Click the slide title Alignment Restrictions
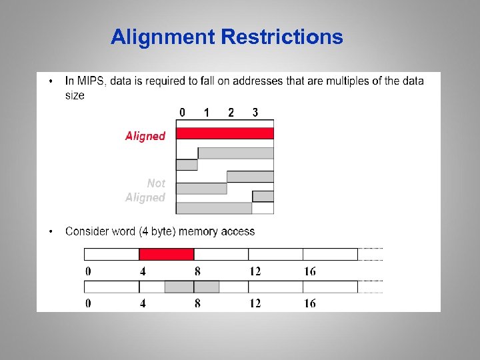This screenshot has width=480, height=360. click(x=227, y=37)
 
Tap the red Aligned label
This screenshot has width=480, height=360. click(x=145, y=136)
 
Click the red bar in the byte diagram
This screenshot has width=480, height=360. click(x=225, y=133)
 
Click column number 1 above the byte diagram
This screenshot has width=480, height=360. click(x=207, y=113)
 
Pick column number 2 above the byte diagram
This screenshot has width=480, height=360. click(x=231, y=113)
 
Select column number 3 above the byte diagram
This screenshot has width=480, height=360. click(x=255, y=113)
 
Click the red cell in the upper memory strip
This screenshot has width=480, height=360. click(x=166, y=254)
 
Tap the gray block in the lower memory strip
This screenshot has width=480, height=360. click(x=192, y=287)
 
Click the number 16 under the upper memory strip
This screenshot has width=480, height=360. click(x=310, y=271)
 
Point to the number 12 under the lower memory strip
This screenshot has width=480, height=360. click(x=255, y=303)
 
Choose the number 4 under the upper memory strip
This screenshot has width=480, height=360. click(x=143, y=271)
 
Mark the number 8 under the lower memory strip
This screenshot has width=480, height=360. click(x=197, y=303)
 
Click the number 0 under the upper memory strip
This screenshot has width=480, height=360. click(x=88, y=271)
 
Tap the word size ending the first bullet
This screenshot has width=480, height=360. click(x=75, y=95)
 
